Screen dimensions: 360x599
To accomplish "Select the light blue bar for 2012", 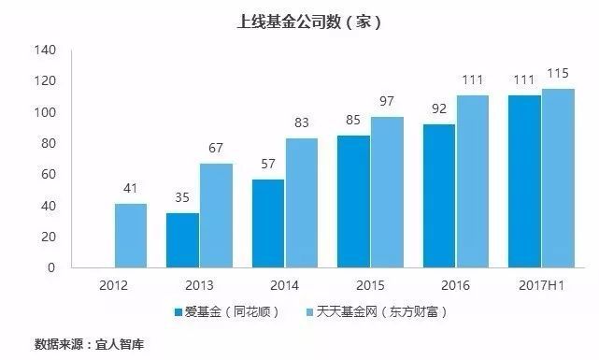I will (131, 236).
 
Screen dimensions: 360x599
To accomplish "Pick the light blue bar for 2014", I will (302, 203).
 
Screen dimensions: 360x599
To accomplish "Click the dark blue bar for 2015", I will (353, 201).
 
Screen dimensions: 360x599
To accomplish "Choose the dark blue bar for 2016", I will (439, 195).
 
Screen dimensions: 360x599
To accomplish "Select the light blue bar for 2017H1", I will (558, 178).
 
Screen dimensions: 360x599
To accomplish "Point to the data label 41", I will (131, 190).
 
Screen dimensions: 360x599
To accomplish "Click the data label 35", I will (182, 199).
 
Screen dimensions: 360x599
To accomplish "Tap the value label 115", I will (558, 74).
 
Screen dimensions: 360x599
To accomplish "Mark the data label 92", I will (439, 110).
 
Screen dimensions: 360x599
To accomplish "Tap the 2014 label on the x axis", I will (284, 285).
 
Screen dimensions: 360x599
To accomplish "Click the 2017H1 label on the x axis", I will (540, 285).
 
